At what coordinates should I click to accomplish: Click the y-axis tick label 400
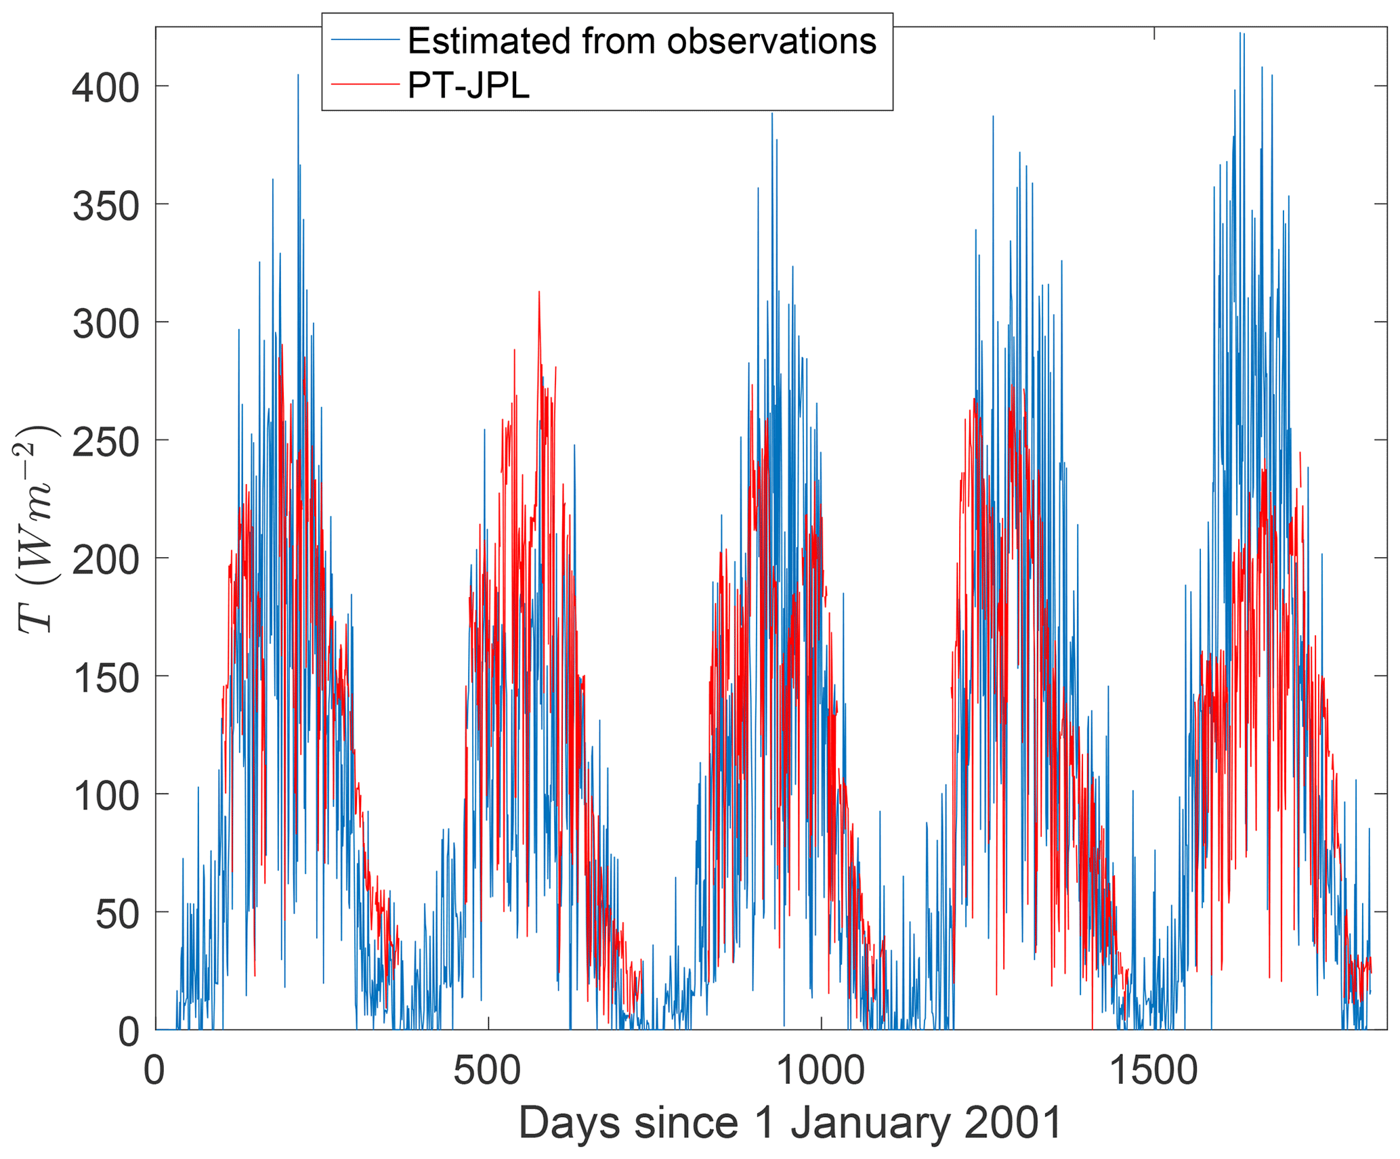point(106,88)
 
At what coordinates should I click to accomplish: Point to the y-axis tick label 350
point(106,206)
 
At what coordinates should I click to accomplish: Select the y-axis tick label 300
point(106,324)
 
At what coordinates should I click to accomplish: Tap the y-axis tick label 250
point(106,442)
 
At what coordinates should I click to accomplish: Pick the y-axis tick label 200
point(106,560)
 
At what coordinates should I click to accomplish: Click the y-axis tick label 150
point(106,678)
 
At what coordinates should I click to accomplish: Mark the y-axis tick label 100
point(106,795)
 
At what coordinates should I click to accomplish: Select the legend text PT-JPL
point(469,85)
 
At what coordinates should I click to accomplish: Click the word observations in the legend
point(771,41)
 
